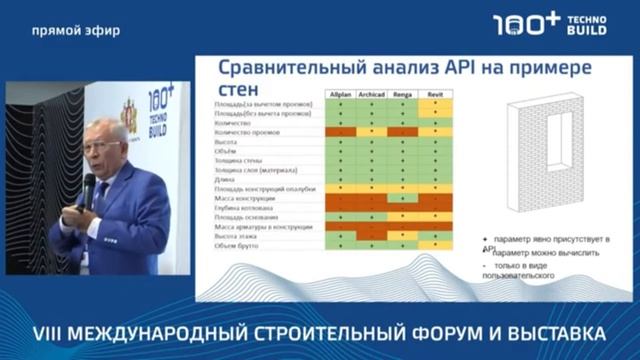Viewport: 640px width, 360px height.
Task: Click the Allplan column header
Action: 340,93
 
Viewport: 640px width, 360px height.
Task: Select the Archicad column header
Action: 372,93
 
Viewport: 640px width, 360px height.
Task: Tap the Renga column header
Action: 403,93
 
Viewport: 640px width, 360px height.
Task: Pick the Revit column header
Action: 436,93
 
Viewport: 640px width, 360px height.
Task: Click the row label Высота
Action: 224,142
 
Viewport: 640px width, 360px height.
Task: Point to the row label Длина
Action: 222,179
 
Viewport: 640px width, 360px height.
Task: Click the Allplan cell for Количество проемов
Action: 340,132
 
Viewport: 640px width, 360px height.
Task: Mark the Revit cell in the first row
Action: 436,104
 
